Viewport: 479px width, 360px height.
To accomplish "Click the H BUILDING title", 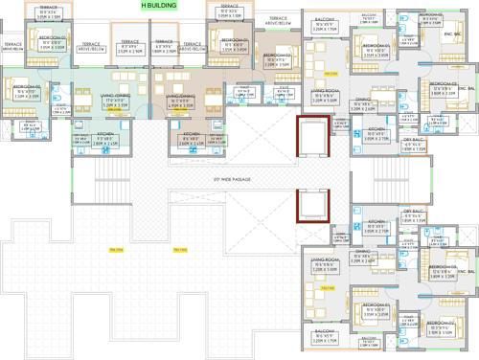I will pos(157,6).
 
